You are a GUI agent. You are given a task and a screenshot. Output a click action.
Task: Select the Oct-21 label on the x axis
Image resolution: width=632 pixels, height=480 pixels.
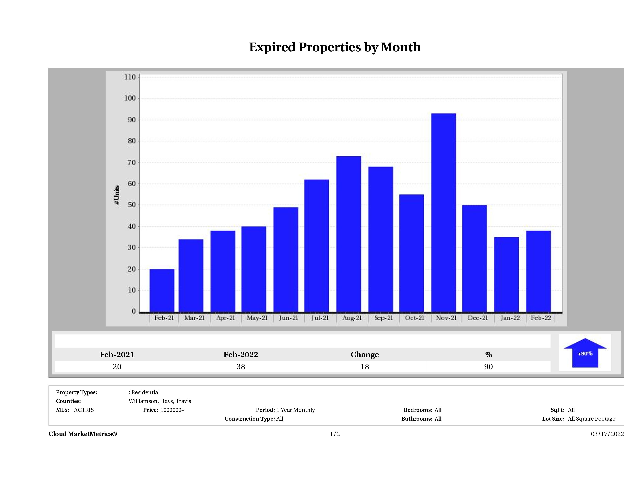pyautogui.click(x=415, y=318)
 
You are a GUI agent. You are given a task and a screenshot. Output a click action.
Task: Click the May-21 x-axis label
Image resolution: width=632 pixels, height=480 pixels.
pyautogui.click(x=257, y=318)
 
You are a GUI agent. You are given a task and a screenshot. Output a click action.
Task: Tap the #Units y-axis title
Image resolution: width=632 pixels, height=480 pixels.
pyautogui.click(x=117, y=195)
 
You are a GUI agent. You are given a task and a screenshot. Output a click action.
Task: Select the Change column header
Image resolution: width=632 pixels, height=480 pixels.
pyautogui.click(x=365, y=355)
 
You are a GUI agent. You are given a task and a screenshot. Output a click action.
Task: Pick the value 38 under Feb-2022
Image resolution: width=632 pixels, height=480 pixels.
pyautogui.click(x=241, y=366)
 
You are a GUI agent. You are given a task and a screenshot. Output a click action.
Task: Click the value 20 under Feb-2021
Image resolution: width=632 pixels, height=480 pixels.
pyautogui.click(x=117, y=366)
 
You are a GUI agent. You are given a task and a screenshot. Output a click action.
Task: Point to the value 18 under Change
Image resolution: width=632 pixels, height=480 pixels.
pyautogui.click(x=365, y=366)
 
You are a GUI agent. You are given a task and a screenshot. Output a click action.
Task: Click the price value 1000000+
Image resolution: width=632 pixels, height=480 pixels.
pyautogui.click(x=172, y=410)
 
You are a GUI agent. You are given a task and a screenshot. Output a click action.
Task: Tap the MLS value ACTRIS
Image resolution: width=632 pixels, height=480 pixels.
pyautogui.click(x=84, y=410)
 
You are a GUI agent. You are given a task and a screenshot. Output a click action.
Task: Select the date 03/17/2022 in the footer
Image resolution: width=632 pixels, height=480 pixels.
pyautogui.click(x=607, y=434)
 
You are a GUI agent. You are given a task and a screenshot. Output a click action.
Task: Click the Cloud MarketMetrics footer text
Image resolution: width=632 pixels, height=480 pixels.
pyautogui.click(x=83, y=434)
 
